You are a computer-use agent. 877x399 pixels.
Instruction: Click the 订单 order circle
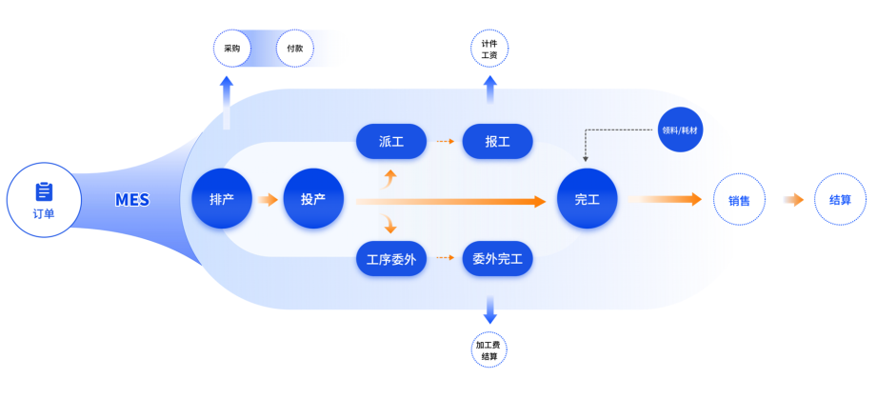[44, 201]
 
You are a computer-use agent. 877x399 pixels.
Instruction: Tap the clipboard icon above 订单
[44, 191]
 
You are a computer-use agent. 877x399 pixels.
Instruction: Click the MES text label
[131, 200]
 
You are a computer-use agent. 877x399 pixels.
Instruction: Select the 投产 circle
[313, 200]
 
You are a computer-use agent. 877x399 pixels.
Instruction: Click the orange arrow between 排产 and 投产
[269, 200]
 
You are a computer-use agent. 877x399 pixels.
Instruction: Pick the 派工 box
[391, 142]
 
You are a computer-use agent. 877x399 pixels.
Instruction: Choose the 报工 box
[497, 142]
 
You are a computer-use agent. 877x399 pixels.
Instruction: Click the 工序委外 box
[391, 258]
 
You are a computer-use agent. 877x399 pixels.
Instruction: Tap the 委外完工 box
[497, 258]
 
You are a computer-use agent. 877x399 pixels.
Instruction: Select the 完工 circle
[587, 200]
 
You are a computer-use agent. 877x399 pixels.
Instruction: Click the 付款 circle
[294, 49]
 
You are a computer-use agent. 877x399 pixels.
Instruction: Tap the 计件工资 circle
[489, 49]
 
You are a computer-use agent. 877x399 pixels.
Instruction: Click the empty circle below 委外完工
[489, 349]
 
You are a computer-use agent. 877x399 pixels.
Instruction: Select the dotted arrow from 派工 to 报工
[443, 142]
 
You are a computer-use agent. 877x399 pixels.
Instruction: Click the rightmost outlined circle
[840, 200]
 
